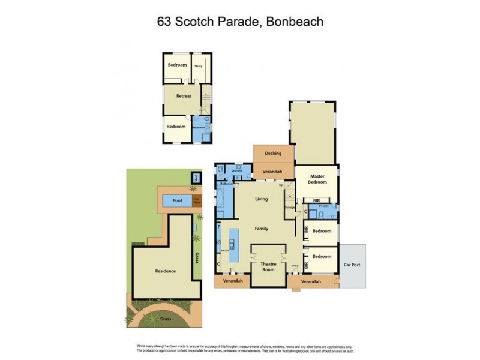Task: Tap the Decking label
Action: [x=273, y=154]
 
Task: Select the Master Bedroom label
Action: [x=317, y=178]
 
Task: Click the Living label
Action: [x=262, y=199]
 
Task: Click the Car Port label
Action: [x=352, y=266]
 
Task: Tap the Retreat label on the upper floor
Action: [x=184, y=96]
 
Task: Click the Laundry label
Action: [x=236, y=171]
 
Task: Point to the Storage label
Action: [x=289, y=208]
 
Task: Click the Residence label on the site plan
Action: [x=166, y=271]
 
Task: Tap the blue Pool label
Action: [x=178, y=201]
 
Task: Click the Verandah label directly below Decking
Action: [x=273, y=172]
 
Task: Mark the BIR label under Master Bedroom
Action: [x=317, y=201]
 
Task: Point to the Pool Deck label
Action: [x=196, y=201]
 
